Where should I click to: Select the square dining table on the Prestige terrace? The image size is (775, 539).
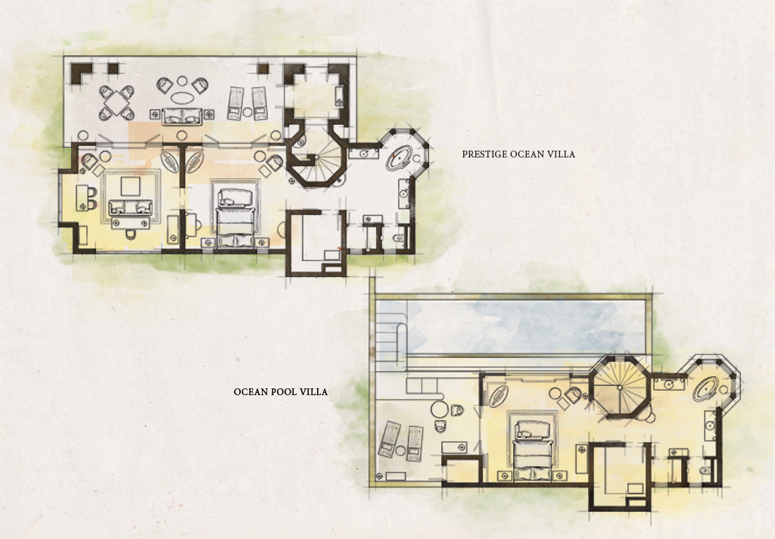tap(117, 104)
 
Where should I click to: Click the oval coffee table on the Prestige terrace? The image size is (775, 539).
tap(182, 98)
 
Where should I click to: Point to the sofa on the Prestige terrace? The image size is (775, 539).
tap(182, 117)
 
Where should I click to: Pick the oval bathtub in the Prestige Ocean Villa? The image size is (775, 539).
tap(400, 157)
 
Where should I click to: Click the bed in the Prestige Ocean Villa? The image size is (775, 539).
tap(236, 217)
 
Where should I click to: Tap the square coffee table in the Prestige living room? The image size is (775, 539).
tap(130, 186)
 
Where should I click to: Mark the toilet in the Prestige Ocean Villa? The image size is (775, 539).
tap(399, 238)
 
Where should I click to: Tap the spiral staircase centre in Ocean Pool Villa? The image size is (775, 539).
tap(619, 388)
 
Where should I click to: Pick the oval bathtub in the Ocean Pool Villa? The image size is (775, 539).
tap(706, 388)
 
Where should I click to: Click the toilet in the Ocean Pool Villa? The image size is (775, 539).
tap(706, 469)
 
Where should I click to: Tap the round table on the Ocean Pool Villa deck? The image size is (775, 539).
tap(440, 410)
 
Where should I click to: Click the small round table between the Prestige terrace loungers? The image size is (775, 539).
tap(247, 112)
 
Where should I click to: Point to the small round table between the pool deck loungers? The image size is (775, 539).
tap(400, 450)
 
